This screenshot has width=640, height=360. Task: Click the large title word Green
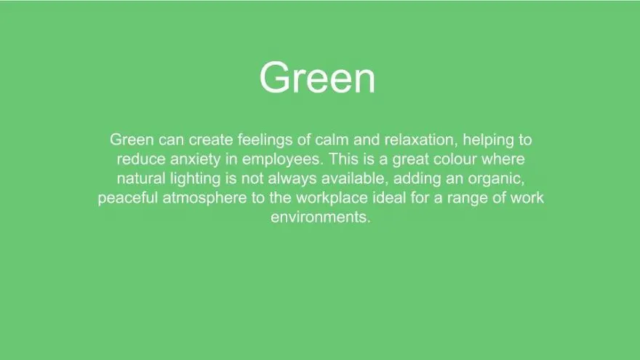click(x=317, y=78)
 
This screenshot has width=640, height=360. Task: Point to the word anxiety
click(x=196, y=159)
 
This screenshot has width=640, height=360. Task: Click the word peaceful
click(x=128, y=199)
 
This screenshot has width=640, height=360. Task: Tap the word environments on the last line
click(x=321, y=217)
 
